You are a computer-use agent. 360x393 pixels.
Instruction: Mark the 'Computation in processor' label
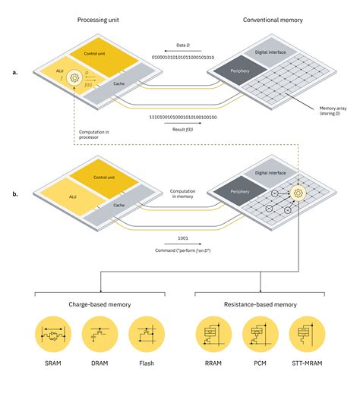[96, 137]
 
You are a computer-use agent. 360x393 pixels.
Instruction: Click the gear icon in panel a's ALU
[74, 77]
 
